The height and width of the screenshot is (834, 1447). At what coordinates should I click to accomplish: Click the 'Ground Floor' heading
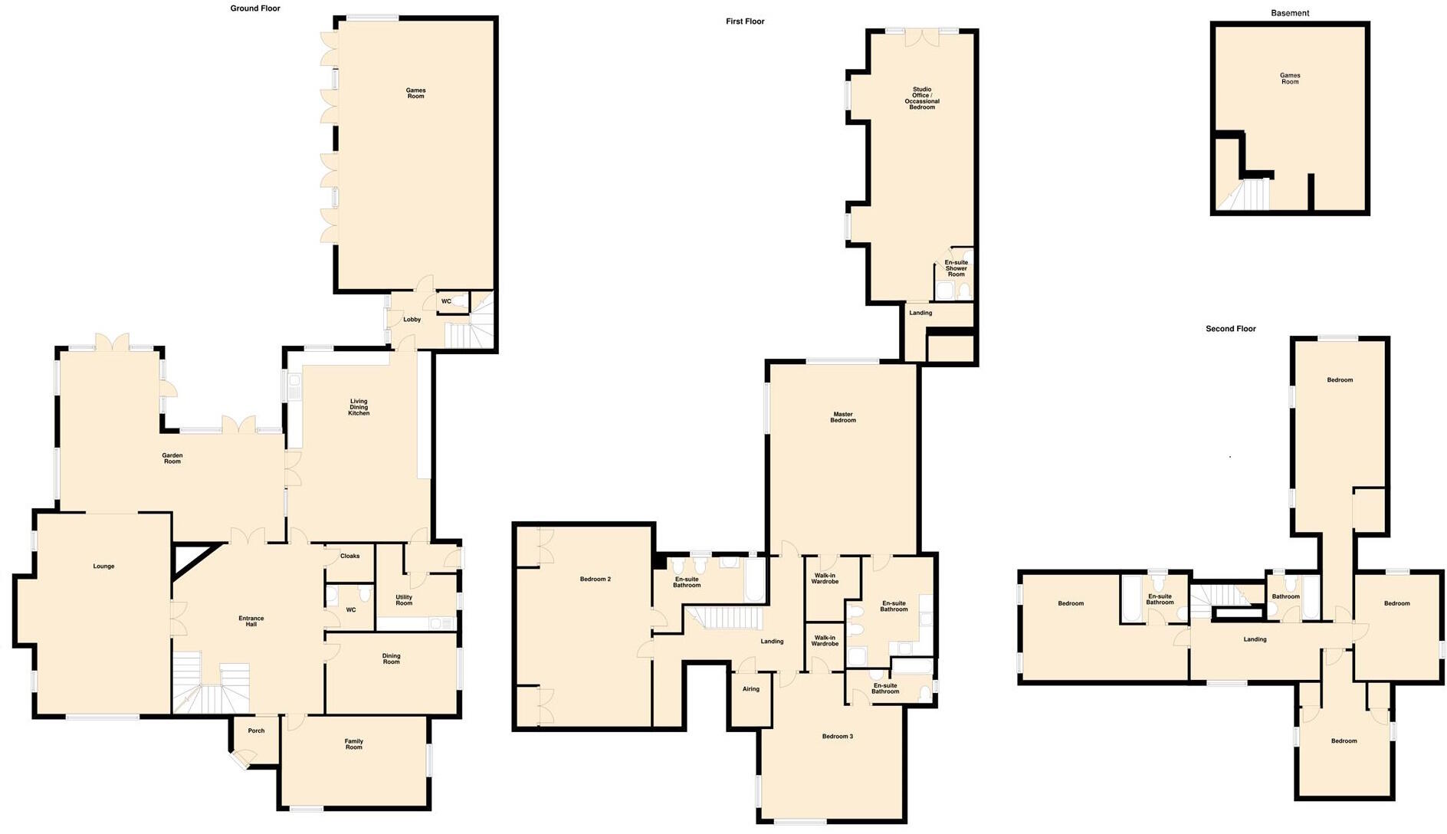point(255,8)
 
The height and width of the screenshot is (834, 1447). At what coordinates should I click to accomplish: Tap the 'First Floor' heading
point(745,21)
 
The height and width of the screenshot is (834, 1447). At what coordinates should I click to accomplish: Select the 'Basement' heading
point(1290,13)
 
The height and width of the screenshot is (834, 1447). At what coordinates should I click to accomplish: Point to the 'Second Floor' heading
point(1231,329)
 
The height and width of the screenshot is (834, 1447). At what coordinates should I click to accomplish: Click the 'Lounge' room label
point(103,566)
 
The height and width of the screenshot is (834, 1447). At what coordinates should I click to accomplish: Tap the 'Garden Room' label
point(172,458)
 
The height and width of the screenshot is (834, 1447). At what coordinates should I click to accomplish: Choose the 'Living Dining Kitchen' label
point(359,407)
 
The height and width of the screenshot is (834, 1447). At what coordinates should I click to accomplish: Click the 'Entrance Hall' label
point(251,621)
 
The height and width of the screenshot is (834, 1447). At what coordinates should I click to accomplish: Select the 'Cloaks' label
point(349,556)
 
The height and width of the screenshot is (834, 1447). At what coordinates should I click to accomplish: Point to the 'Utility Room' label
point(404,600)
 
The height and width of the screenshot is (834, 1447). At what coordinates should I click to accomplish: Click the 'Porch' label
point(256,731)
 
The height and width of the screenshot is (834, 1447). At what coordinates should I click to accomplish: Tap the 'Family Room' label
point(353,744)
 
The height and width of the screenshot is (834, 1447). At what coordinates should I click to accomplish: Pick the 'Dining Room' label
point(391,658)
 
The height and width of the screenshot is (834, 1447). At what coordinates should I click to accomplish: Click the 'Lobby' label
point(412,320)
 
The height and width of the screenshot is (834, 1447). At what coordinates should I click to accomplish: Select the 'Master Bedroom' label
point(843,417)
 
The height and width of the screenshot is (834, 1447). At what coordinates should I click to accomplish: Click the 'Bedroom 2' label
point(595,579)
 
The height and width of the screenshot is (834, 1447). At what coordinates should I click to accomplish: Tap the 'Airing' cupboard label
point(750,689)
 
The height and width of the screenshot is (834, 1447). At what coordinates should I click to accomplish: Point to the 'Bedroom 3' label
point(837,737)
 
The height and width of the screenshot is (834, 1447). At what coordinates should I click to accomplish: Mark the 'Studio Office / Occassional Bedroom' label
point(922,98)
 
